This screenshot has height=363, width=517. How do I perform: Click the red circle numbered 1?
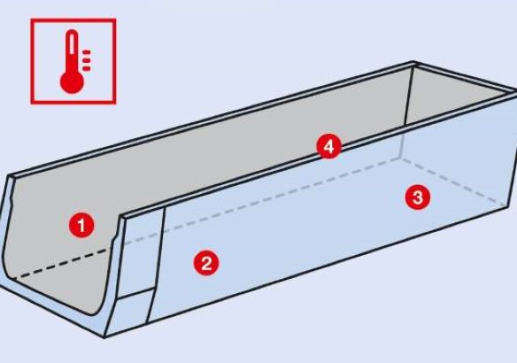[81, 226]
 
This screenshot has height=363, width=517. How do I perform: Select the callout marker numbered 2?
[206, 263]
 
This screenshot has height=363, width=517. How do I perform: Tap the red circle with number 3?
[418, 197]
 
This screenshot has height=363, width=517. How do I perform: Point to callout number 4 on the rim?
[329, 146]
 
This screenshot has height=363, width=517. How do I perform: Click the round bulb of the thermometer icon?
[72, 81]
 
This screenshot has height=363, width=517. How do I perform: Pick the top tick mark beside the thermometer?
[87, 52]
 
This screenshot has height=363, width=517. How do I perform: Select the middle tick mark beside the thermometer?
[87, 60]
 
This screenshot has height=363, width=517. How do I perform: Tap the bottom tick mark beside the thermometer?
[87, 68]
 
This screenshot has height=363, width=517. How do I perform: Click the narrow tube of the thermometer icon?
[72, 51]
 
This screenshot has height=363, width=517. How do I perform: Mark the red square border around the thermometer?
[32, 61]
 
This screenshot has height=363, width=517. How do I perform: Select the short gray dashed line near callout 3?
[453, 182]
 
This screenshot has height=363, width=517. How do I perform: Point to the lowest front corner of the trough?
[104, 337]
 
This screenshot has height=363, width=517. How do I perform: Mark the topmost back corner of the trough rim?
[414, 62]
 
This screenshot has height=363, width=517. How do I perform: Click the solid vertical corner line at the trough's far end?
[408, 97]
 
